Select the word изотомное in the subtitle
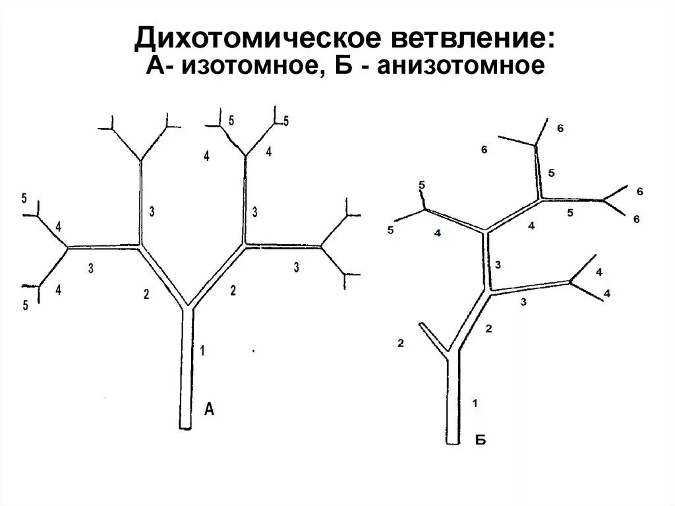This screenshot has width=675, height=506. point(252,67)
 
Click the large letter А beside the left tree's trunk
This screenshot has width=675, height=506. point(209,410)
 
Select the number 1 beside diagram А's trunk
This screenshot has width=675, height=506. point(202,351)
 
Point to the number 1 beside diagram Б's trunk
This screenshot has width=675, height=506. point(475,402)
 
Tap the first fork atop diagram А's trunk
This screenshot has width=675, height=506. point(188,307)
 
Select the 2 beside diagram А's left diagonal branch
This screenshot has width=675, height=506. point(146,295)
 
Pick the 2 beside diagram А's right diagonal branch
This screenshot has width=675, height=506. point(232,290)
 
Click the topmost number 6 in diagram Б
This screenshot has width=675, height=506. point(560,128)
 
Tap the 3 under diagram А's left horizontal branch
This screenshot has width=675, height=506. point(90,268)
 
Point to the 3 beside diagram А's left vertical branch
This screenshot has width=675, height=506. point(152,211)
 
